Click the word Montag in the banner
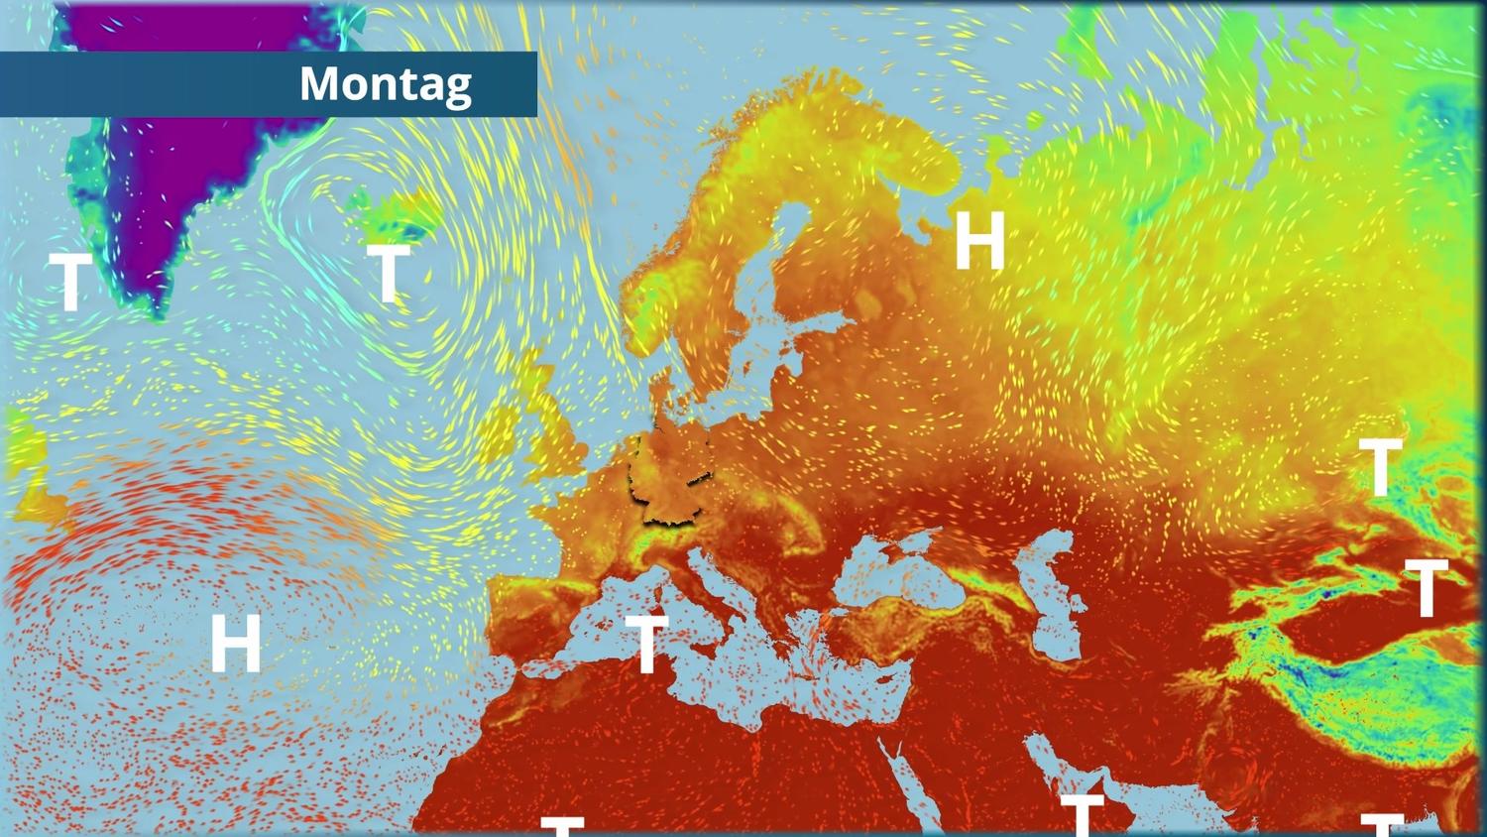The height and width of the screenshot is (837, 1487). click(385, 84)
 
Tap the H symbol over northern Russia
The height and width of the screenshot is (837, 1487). click(979, 241)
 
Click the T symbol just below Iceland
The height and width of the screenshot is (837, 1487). click(388, 273)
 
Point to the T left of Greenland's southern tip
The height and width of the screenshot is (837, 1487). click(70, 282)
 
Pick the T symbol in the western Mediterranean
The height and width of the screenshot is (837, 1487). click(646, 644)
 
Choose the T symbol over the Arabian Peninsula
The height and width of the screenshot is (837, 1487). click(1082, 813)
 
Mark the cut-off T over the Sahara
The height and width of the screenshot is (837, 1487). click(562, 825)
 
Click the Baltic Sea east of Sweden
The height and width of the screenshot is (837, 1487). click(763, 347)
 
